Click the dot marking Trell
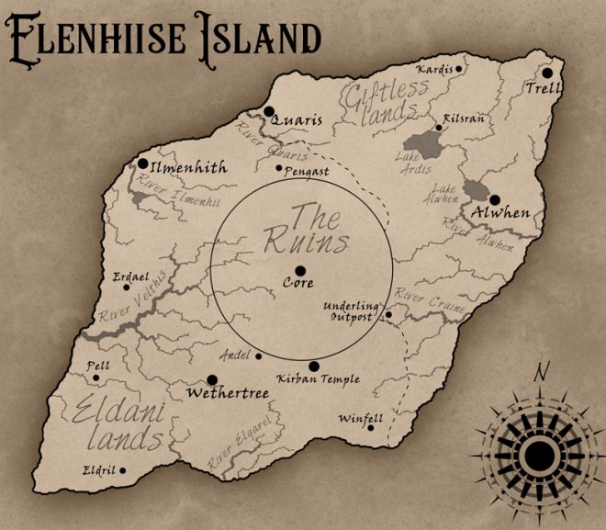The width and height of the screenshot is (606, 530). point(547,73)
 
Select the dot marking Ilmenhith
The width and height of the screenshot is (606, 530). point(143,164)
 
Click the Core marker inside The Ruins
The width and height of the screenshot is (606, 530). point(299,270)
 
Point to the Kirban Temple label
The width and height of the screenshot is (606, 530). point(319,378)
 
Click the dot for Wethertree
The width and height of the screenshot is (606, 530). point(212,379)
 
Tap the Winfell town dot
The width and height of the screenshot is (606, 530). point(371,426)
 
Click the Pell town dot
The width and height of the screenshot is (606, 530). point(95,377)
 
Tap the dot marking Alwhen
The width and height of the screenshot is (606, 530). point(494,199)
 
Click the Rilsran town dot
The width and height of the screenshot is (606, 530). point(439,129)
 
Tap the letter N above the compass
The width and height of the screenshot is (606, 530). point(542,371)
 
